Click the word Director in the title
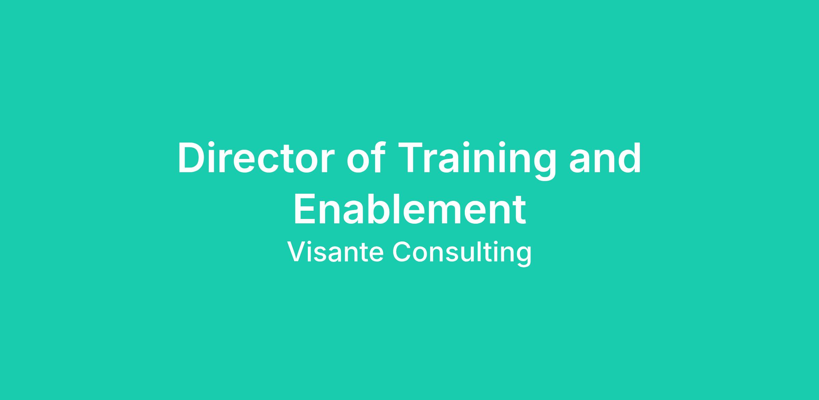[x=255, y=158]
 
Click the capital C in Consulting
[x=402, y=252]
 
